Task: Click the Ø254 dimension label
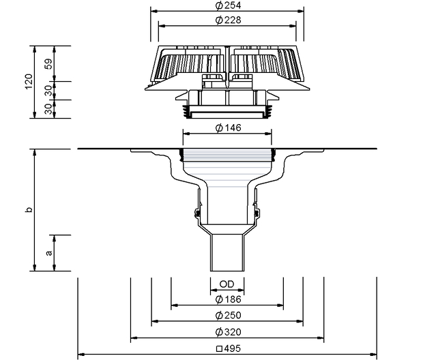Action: tap(229, 5)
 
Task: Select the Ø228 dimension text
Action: tap(229, 20)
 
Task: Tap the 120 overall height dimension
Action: tap(29, 81)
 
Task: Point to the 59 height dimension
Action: tap(48, 64)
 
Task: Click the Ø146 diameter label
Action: tap(229, 127)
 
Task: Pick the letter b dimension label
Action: tap(29, 209)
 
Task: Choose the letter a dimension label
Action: tap(49, 253)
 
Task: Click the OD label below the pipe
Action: tap(227, 284)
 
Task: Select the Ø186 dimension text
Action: tap(229, 299)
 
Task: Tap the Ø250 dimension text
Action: tap(229, 315)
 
